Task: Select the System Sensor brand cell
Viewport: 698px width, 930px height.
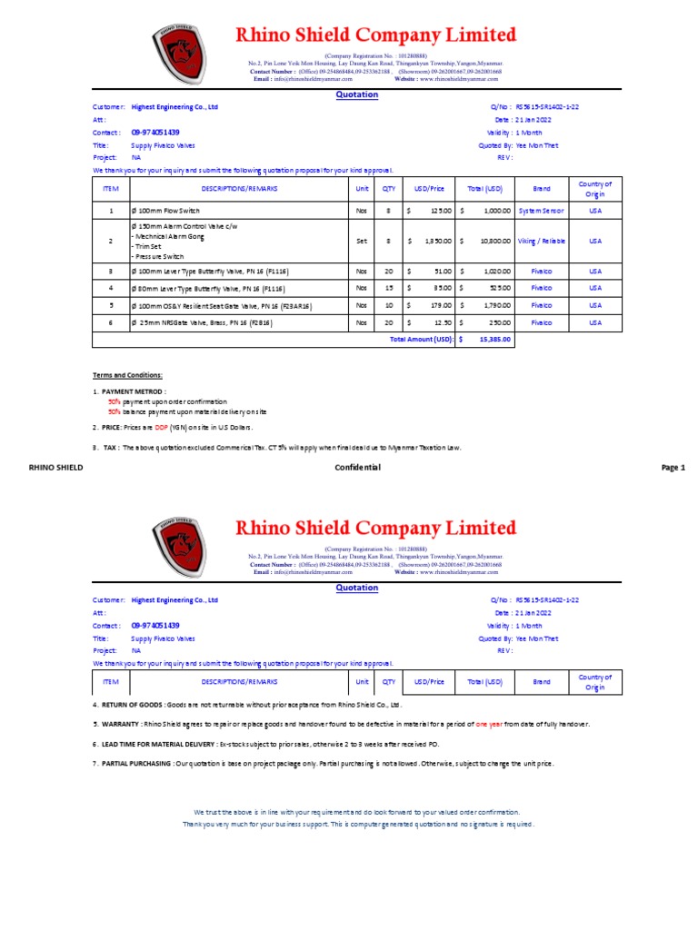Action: pyautogui.click(x=541, y=210)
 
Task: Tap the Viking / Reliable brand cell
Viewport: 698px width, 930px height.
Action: pyautogui.click(x=541, y=241)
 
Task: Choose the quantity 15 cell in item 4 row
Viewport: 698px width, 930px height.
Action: pyautogui.click(x=388, y=288)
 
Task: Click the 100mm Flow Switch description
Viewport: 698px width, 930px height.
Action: pyautogui.click(x=169, y=210)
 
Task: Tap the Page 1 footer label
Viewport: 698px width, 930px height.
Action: pyautogui.click(x=673, y=467)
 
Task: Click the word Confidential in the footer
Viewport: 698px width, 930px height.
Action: pyautogui.click(x=357, y=467)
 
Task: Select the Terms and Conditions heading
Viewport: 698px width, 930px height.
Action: pyautogui.click(x=127, y=375)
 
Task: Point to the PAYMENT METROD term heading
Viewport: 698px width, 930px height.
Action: pyautogui.click(x=133, y=391)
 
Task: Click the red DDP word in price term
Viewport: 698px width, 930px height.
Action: pyautogui.click(x=161, y=427)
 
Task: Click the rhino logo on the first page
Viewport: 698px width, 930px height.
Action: pyautogui.click(x=182, y=54)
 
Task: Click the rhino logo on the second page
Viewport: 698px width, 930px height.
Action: pyautogui.click(x=182, y=547)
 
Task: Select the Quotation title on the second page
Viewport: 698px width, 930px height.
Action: pyautogui.click(x=357, y=588)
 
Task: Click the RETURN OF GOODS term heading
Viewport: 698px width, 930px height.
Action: pyautogui.click(x=131, y=704)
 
